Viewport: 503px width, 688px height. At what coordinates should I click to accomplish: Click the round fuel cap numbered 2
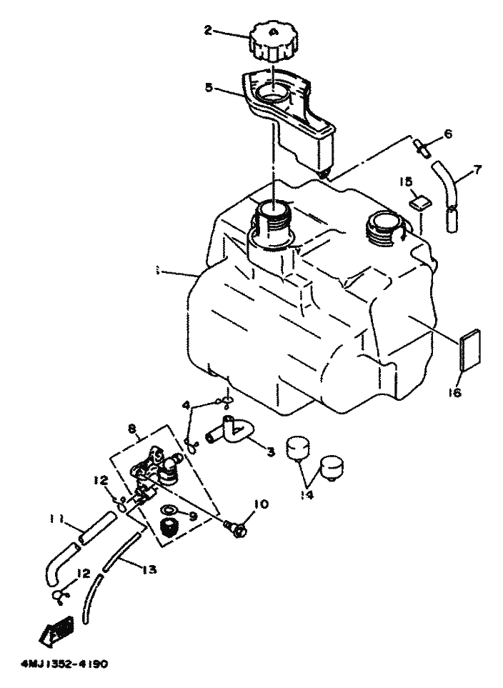pyautogui.click(x=273, y=43)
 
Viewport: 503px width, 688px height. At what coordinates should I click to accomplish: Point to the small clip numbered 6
pyautogui.click(x=422, y=148)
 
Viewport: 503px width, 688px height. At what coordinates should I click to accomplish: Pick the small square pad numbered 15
pyautogui.click(x=421, y=202)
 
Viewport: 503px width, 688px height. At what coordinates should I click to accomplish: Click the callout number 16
pyautogui.click(x=457, y=392)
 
